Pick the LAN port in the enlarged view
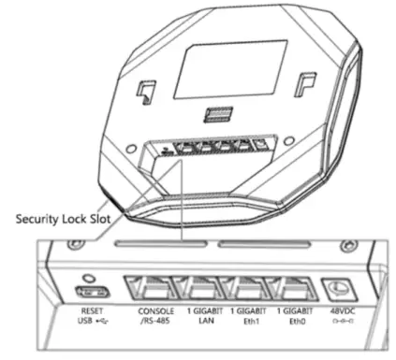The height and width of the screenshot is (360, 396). click(x=202, y=289)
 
